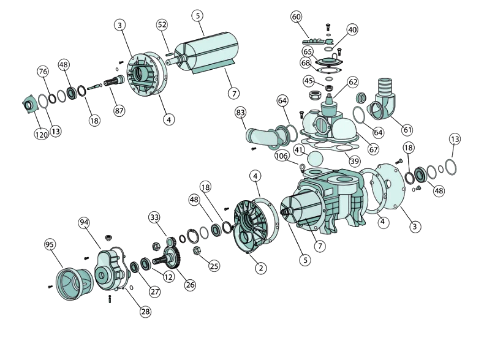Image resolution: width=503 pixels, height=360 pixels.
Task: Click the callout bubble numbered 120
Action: [x=42, y=135]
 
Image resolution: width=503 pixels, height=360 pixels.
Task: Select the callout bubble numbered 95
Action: [x=50, y=245]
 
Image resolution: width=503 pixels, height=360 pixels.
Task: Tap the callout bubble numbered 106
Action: [x=281, y=156]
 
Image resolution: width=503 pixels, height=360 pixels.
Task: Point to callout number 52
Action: [x=162, y=24]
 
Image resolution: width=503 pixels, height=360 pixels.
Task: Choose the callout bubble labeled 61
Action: [x=407, y=130]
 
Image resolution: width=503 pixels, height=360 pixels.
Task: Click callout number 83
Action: [x=240, y=113]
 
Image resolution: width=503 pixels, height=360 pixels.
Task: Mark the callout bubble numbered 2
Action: [x=261, y=268]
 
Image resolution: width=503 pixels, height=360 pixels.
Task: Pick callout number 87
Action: [x=119, y=111]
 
